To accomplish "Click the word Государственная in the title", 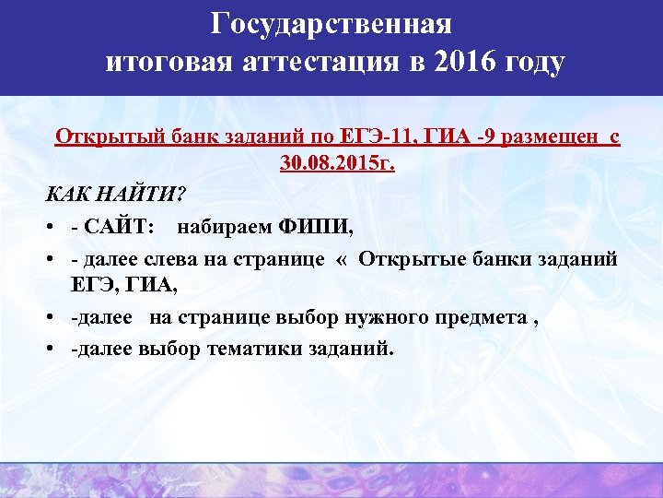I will [331, 22].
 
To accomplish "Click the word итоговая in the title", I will [169, 64].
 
